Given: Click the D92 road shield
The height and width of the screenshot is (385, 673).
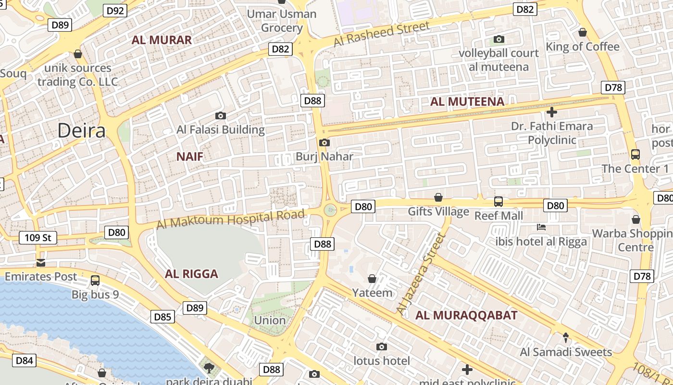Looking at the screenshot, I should tap(115, 11).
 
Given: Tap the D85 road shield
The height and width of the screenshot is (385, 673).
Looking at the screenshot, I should tap(162, 317).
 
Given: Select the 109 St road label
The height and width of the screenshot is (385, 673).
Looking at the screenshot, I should tap(38, 238).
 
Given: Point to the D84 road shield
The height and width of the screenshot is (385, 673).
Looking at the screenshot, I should tap(24, 360).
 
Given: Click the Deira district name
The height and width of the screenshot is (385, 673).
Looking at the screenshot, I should tap(81, 130).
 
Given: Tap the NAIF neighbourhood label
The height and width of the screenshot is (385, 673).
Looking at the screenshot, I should tap(189, 156).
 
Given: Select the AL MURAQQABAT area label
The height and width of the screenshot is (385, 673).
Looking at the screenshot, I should tap(466, 316).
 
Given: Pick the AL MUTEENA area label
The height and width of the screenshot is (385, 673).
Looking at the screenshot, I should tap(467, 102).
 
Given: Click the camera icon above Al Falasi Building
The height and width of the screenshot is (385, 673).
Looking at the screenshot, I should tap(221, 115).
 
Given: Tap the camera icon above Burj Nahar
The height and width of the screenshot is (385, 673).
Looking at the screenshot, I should tap(324, 142).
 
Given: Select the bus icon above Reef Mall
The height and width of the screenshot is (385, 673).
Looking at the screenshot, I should tap(499, 202).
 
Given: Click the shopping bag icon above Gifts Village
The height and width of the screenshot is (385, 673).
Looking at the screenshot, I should tap(438, 197).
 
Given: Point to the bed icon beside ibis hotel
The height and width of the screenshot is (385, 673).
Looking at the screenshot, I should tap(541, 227).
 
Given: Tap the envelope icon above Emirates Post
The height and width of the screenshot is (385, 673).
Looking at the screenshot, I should tap(41, 263).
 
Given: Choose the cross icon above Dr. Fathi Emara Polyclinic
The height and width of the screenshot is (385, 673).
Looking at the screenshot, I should tap(552, 112).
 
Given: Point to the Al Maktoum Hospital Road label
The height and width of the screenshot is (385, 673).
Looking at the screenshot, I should tap(231, 219).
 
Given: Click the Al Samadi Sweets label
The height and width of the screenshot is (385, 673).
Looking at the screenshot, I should tap(566, 352).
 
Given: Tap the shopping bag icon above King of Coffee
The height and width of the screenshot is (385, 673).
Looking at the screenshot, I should tap(583, 32).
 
